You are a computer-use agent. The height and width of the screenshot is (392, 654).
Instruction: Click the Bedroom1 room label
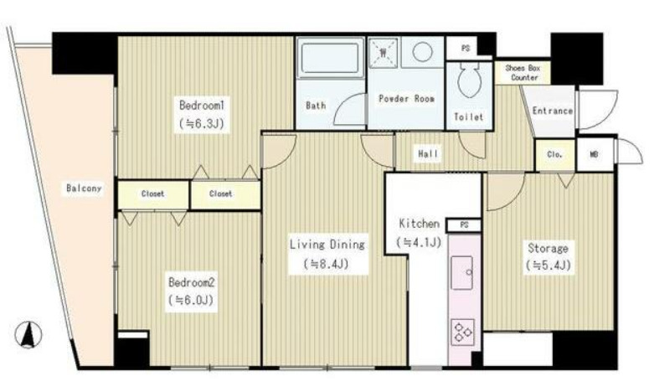click(202, 105)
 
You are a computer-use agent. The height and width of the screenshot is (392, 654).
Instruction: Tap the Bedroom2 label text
click(192, 282)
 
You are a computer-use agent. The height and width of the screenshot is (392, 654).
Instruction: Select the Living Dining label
click(327, 244)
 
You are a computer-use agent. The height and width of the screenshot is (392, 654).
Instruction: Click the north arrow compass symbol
click(28, 335)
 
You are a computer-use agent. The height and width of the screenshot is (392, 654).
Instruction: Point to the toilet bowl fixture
click(469, 80)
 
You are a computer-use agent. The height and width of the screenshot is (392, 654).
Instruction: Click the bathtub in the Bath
click(330, 58)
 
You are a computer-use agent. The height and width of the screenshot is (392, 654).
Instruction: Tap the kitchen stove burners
click(463, 332)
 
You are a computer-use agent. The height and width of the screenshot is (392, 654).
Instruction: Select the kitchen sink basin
click(462, 273)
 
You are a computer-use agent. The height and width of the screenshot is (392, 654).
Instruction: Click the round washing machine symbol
click(423, 52)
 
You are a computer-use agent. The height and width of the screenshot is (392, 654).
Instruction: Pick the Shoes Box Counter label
click(523, 73)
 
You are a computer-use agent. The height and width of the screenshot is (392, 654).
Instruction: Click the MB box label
click(594, 154)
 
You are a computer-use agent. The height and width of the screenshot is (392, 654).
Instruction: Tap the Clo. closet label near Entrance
click(554, 154)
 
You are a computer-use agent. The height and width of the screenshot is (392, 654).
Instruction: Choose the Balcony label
click(84, 188)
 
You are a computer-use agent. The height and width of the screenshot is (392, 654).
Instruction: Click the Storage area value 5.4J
click(548, 266)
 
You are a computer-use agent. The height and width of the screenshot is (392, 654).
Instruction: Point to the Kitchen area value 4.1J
click(419, 242)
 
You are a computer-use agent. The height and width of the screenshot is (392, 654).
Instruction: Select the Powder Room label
click(406, 99)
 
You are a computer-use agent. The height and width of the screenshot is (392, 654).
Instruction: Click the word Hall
click(428, 154)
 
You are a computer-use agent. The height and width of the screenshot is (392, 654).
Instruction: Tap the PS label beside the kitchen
click(464, 225)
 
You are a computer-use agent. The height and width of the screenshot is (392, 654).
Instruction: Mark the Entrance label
click(552, 111)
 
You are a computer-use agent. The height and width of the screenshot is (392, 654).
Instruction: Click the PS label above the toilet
click(466, 49)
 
